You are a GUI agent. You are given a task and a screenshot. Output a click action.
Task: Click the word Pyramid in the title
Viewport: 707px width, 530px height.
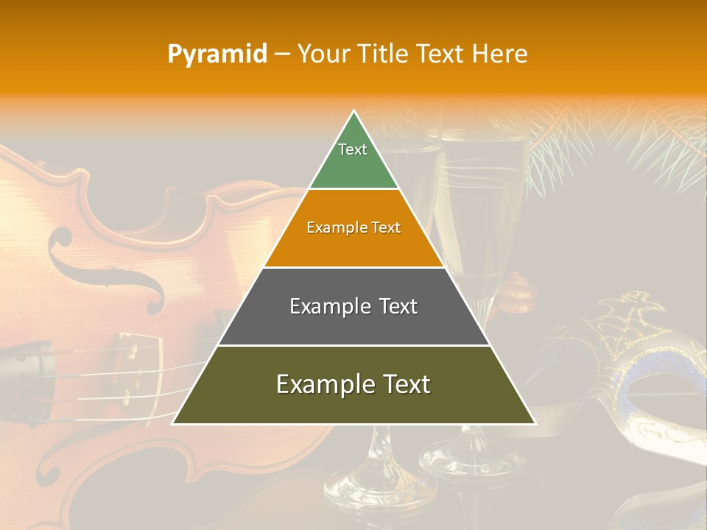pyautogui.click(x=217, y=54)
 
